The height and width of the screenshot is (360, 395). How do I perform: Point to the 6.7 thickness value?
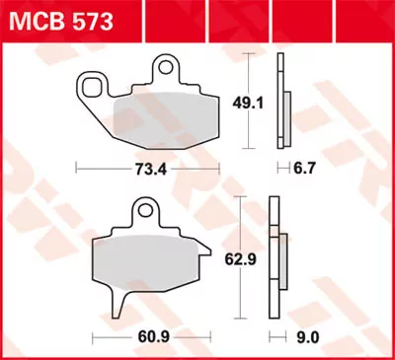point(285,170)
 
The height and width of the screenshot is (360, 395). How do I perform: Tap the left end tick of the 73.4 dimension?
point(78,170)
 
